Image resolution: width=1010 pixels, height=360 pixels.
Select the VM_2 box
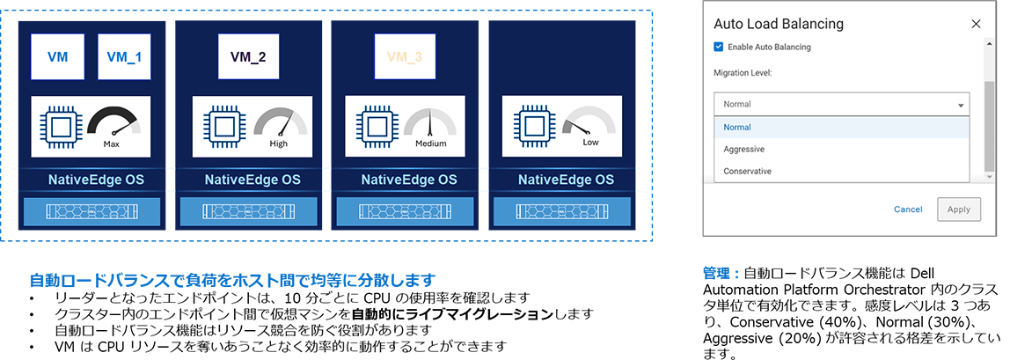point(249,55)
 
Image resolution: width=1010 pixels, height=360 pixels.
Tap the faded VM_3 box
point(406,55)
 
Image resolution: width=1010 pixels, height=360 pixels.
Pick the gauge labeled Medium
point(431,125)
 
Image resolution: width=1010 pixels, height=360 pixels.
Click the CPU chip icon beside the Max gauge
point(61,126)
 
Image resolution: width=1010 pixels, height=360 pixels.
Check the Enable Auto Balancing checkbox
point(719,47)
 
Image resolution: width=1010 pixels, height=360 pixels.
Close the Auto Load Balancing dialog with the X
point(976,24)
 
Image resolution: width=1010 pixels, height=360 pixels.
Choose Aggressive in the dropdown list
point(743,149)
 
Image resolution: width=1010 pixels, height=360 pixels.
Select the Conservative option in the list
point(747,171)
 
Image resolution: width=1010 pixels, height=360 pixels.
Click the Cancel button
point(908,209)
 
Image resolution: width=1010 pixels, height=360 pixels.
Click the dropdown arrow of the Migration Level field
point(959,104)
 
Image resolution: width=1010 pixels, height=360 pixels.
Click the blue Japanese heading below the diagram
point(232,281)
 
